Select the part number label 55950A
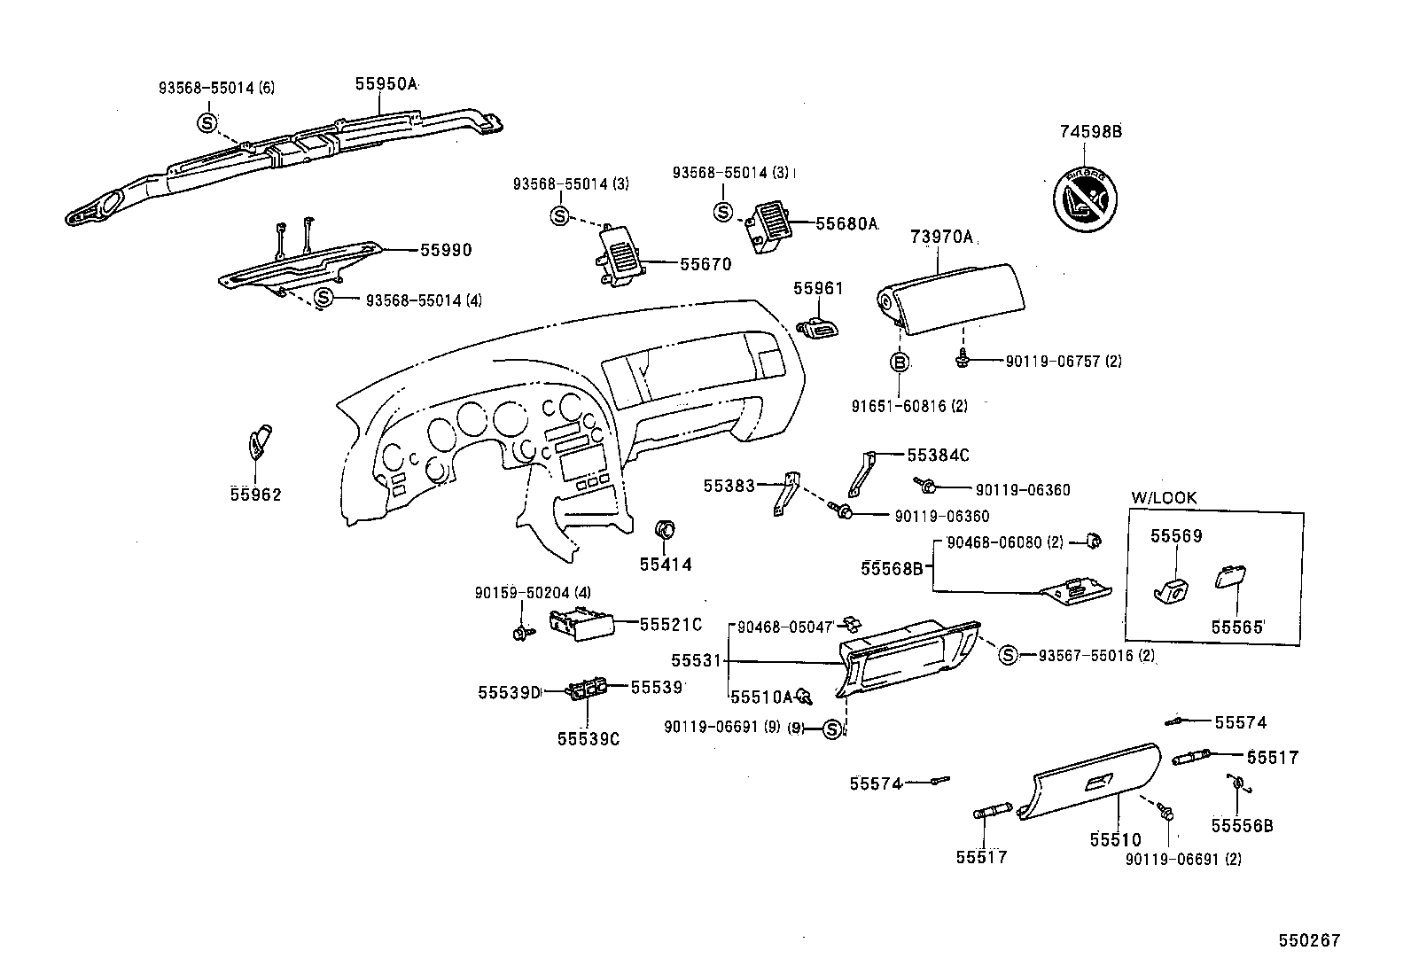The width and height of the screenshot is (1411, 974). [x=386, y=84]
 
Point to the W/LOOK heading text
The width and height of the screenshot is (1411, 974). [x=1164, y=498]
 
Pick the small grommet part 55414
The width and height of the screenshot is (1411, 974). [x=665, y=531]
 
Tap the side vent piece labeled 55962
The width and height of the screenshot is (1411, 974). [x=259, y=442]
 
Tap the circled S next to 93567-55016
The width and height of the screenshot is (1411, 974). [x=1008, y=655]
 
